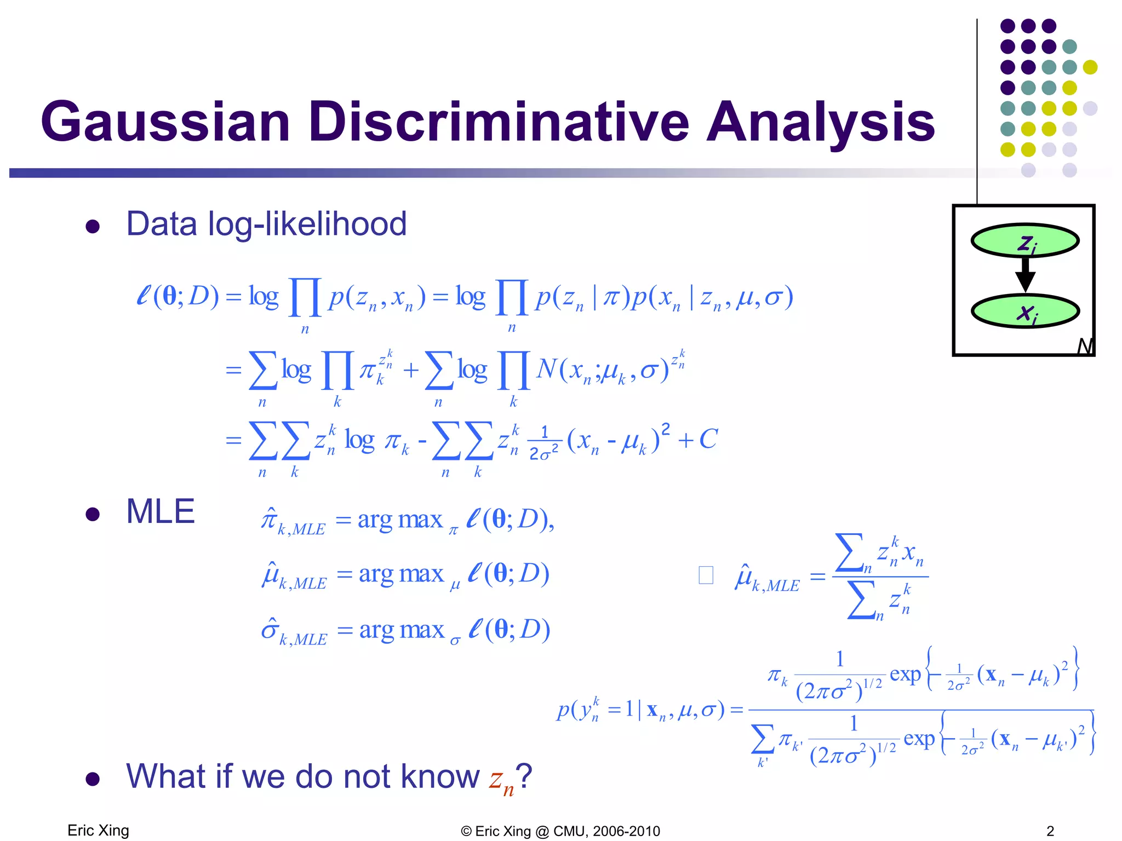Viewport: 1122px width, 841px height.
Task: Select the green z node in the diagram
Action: coord(1024,241)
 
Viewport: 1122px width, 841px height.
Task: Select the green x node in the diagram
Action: coord(1024,312)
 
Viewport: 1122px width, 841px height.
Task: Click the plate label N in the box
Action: coord(1084,346)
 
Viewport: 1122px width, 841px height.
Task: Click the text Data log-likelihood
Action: coord(266,224)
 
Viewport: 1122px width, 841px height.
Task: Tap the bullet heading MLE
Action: coord(160,511)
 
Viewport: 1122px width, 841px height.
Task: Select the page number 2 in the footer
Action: coord(1050,831)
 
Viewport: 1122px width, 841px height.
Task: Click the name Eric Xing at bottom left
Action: coord(98,831)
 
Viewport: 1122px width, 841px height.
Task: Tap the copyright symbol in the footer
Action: coord(466,832)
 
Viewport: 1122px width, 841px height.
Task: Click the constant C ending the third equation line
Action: coord(708,439)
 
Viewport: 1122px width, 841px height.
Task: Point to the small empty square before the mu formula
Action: coord(706,575)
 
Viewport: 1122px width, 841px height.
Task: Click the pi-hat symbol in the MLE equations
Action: coord(269,518)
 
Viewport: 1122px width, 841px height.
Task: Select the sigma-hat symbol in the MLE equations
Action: coord(270,630)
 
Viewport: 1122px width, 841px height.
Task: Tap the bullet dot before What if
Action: coord(93,779)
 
